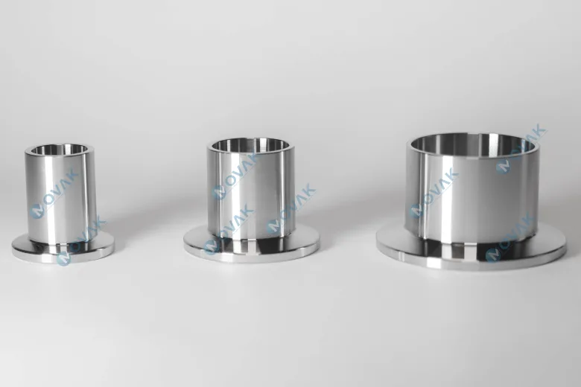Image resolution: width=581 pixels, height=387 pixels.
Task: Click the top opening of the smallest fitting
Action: coord(60,150)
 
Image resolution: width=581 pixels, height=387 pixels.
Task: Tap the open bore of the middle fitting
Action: coord(249,145)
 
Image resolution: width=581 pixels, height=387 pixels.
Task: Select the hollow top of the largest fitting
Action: coord(473,143)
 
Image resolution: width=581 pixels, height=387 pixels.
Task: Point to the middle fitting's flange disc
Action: coord(252,244)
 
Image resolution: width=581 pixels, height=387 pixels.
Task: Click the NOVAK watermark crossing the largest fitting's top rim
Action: coord(521,148)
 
